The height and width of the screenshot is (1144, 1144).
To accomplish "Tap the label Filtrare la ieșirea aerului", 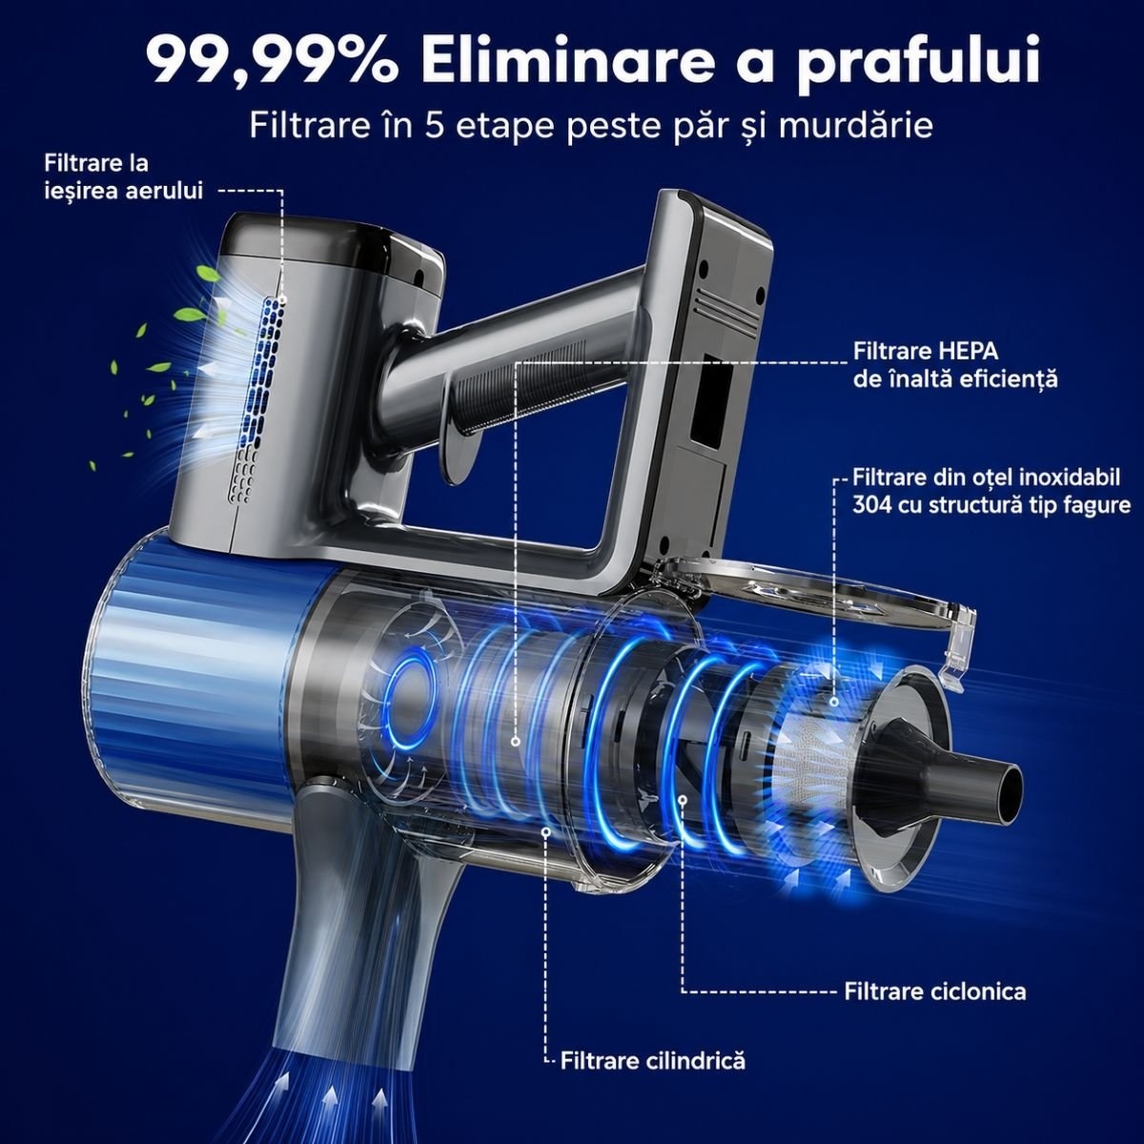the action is pyautogui.click(x=124, y=177).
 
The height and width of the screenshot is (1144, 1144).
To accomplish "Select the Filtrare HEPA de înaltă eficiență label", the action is pyautogui.click(x=955, y=364).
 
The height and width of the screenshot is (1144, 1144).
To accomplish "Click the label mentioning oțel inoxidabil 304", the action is pyautogui.click(x=991, y=491).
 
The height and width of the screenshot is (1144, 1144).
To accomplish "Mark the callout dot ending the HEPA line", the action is pyautogui.click(x=516, y=742).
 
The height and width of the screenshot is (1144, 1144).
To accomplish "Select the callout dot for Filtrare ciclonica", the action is pyautogui.click(x=683, y=800).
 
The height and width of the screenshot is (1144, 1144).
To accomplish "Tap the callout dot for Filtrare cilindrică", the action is pyautogui.click(x=546, y=831).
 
